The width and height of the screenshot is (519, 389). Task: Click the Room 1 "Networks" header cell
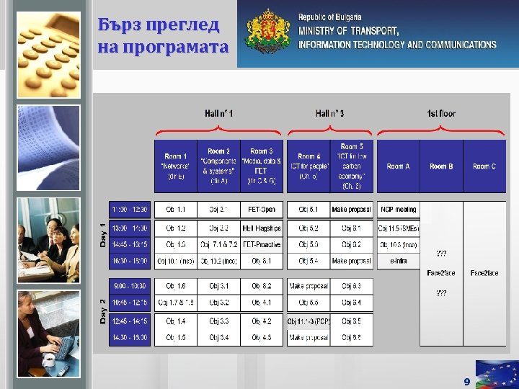(175, 166)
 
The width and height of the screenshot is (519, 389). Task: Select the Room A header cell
(398, 166)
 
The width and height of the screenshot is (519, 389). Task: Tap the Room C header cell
(484, 166)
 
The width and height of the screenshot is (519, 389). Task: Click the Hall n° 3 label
(330, 113)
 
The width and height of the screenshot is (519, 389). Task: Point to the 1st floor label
(441, 113)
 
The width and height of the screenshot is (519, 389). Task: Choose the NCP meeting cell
(398, 210)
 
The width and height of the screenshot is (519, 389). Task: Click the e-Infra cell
(398, 261)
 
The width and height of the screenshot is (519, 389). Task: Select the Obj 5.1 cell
(309, 210)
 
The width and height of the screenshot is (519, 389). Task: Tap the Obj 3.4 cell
(218, 337)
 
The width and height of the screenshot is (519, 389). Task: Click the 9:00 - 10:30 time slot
(130, 286)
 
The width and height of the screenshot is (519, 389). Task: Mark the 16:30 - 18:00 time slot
(130, 261)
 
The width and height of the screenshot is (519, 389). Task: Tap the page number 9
(466, 381)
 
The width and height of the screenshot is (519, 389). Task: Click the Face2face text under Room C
(484, 273)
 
